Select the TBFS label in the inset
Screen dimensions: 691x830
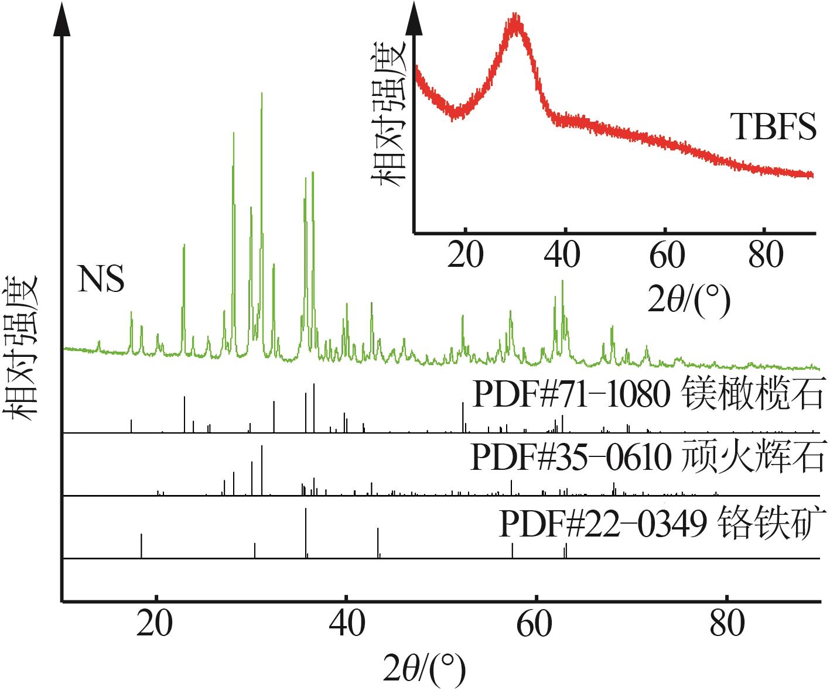773,127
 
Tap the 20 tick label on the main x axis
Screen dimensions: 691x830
156,624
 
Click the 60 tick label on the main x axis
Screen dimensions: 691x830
536,624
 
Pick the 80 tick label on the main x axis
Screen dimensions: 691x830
726,624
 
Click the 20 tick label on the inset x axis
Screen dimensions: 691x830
465,256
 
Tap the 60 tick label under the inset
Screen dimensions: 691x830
665,256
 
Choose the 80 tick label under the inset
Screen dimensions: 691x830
765,256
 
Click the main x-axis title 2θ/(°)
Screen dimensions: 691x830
424,668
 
